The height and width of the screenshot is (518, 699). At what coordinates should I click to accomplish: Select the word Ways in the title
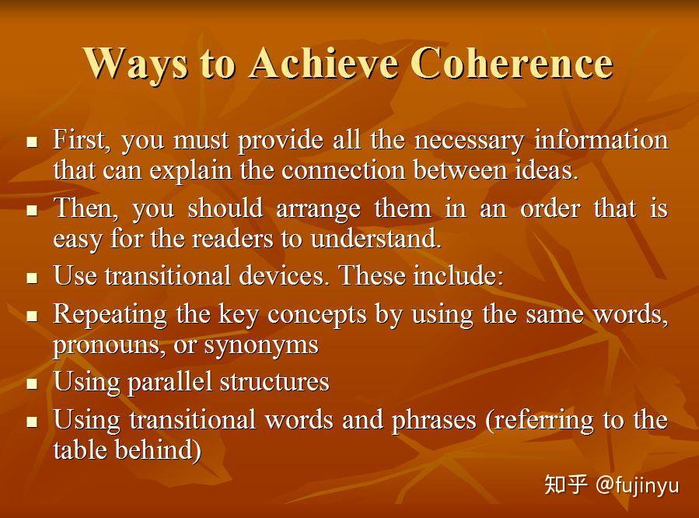(x=135, y=62)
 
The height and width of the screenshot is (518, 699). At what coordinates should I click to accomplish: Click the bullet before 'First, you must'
(x=32, y=142)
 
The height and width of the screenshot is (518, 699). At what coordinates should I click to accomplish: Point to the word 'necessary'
(x=470, y=140)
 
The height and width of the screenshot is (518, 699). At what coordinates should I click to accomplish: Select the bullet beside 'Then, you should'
(x=32, y=210)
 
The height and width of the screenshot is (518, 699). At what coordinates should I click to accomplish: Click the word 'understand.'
(x=376, y=238)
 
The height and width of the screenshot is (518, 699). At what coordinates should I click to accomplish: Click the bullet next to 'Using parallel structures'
(x=32, y=383)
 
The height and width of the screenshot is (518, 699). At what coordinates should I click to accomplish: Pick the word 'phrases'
(x=435, y=420)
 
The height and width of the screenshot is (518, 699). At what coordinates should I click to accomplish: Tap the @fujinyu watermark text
(x=637, y=485)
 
